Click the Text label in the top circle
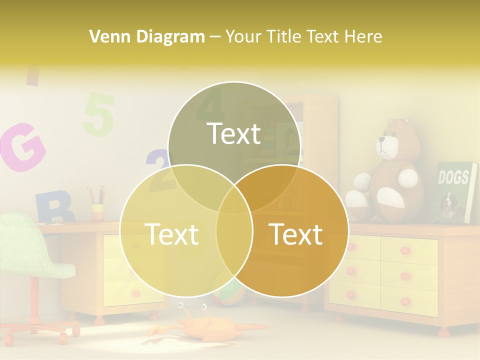click(234, 133)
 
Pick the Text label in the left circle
click(171, 233)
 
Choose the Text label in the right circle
click(295, 233)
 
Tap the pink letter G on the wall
click(22, 146)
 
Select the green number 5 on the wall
click(98, 114)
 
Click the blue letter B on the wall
click(53, 207)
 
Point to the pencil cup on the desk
click(97, 211)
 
